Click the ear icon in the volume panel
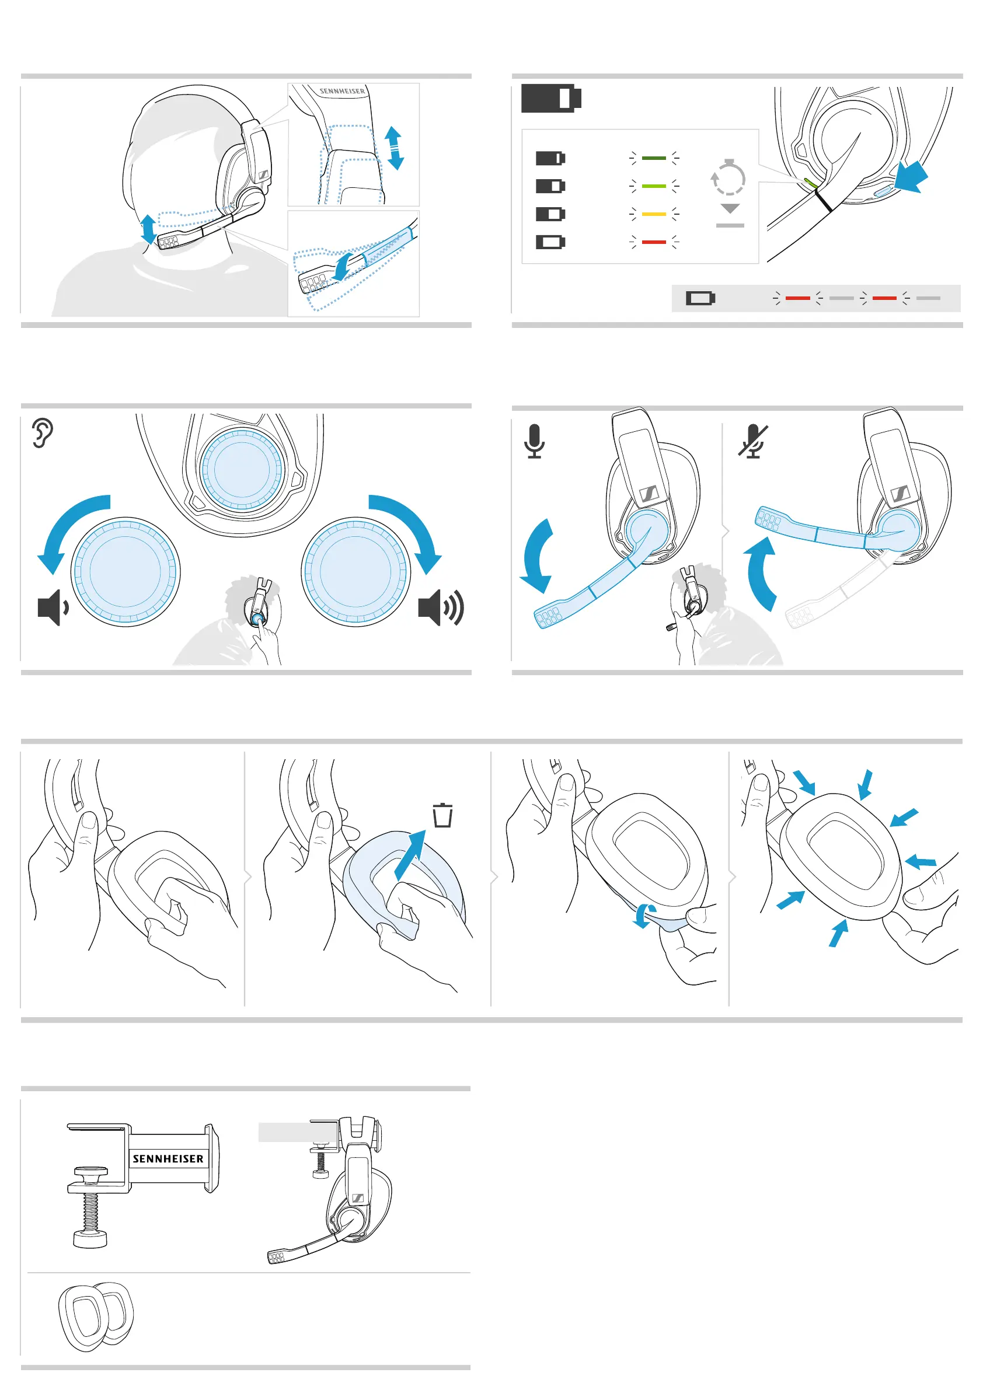[43, 432]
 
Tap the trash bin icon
[442, 815]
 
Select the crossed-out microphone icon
[753, 442]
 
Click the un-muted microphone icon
[534, 441]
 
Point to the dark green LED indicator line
[654, 158]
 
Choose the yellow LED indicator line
[654, 214]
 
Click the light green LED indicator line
[654, 186]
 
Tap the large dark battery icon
[551, 98]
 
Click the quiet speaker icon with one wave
[53, 607]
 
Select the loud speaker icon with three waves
[440, 607]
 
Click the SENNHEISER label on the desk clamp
[168, 1159]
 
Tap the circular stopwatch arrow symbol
[728, 177]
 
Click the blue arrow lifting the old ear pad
[410, 855]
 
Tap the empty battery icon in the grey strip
[700, 298]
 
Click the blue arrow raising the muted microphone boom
[762, 572]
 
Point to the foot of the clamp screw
[90, 1239]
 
